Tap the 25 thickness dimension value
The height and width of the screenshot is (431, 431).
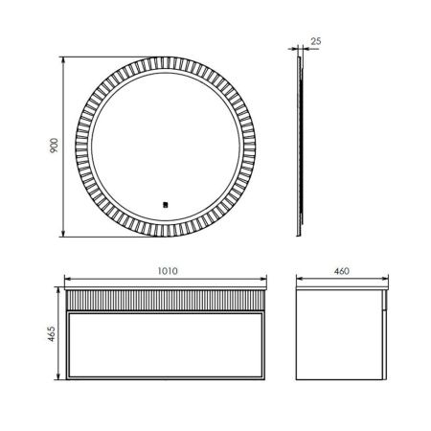pos(317,41)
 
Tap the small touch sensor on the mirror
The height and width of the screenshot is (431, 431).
pos(165,202)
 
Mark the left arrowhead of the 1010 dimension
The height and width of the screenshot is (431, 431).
pos(63,280)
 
